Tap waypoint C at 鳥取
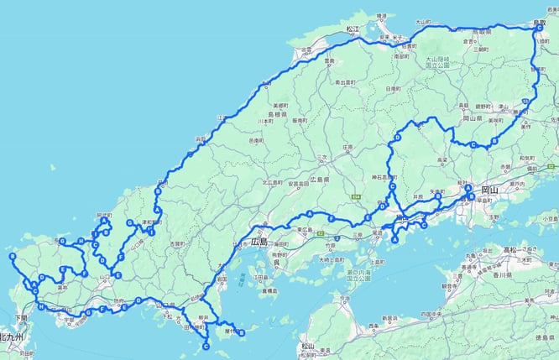[536, 29]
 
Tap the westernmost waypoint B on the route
[13, 256]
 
